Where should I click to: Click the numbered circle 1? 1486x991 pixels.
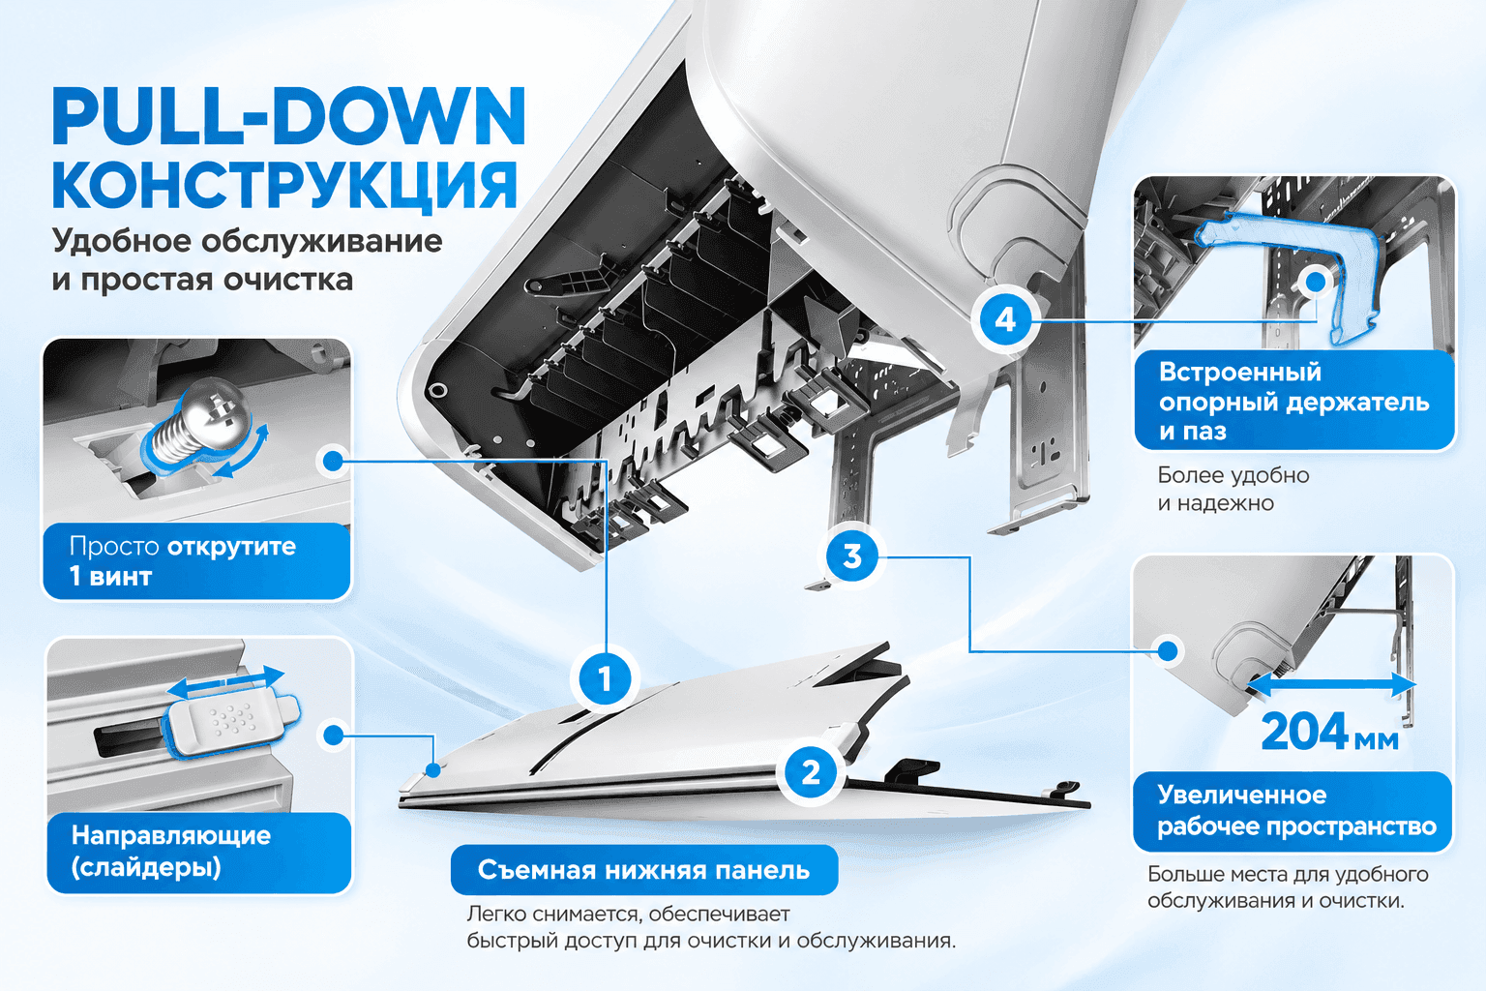tap(605, 679)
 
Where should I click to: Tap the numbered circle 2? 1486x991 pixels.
tap(811, 772)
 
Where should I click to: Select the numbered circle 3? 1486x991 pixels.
tap(851, 556)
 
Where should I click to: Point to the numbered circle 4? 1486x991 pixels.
tap(1005, 320)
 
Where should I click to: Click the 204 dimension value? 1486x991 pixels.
tap(1304, 732)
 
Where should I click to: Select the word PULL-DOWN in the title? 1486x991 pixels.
tap(289, 117)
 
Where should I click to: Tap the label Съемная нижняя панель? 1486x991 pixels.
tap(643, 869)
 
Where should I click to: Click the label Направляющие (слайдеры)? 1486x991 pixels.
tap(170, 851)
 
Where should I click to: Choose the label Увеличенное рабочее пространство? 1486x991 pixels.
tap(1296, 811)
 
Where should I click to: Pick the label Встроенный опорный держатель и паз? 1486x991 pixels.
tap(1293, 401)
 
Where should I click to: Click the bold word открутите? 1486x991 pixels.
tap(231, 546)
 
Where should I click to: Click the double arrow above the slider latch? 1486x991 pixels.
tap(225, 682)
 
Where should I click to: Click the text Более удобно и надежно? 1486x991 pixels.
tap(1233, 489)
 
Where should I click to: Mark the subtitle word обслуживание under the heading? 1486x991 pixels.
tap(321, 241)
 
